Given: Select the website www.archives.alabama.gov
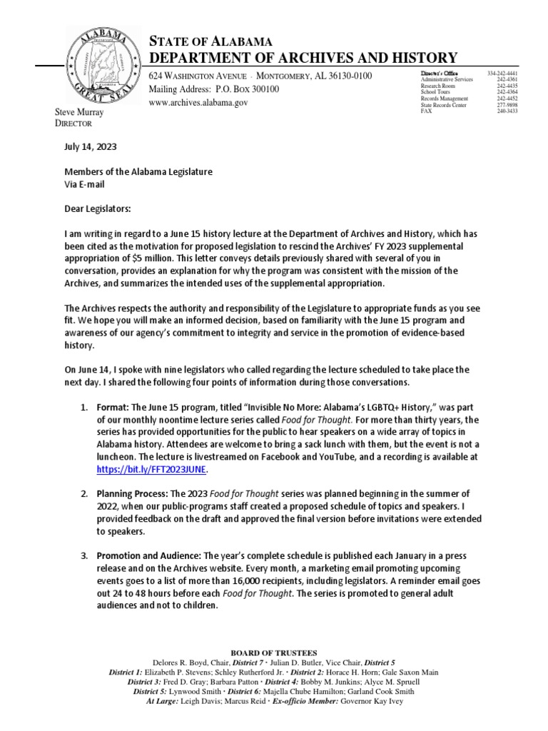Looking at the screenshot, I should (198, 103).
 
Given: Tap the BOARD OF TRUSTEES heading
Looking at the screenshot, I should (273, 652).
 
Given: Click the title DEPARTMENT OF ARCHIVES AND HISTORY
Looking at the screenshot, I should (292, 58).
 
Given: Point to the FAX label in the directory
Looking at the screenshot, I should (427, 111).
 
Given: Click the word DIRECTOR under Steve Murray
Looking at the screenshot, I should (74, 123).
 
